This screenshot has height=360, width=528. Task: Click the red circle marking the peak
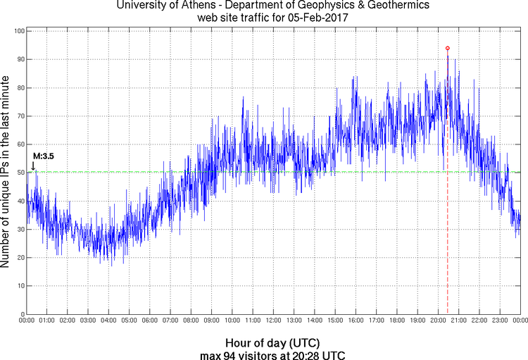(448, 49)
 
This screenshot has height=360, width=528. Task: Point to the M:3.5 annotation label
(44, 156)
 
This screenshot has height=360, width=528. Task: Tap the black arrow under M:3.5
(32, 166)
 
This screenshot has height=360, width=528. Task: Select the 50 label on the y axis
(20, 173)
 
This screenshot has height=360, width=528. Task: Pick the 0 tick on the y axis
(23, 314)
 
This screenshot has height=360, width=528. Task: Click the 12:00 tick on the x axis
(273, 321)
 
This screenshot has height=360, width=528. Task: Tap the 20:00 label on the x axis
(438, 321)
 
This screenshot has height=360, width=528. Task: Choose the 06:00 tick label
(149, 321)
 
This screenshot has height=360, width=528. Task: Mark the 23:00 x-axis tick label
(500, 321)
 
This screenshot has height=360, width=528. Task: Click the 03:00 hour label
(88, 321)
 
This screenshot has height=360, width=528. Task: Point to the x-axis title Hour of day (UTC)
(273, 342)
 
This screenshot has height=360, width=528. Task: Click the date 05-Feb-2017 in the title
(309, 16)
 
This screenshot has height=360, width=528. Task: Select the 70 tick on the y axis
(20, 116)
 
